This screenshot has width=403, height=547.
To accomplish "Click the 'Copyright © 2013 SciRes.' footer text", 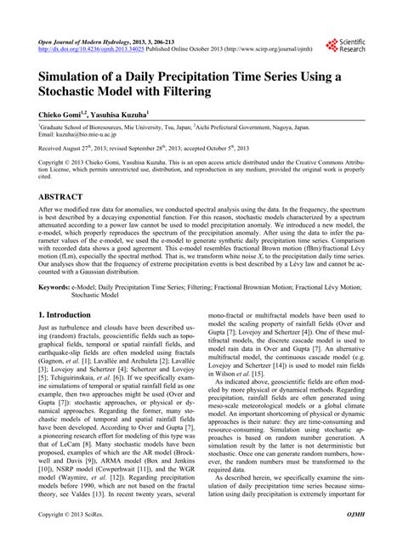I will coord(77,538).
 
